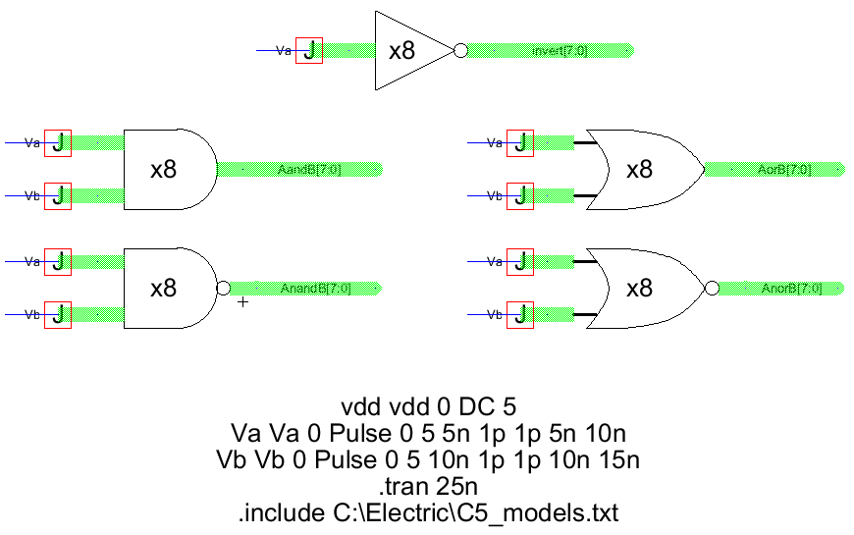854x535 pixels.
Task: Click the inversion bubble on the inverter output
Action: coord(459,51)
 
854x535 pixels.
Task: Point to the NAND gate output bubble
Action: coord(223,288)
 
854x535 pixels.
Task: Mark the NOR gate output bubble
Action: coord(711,288)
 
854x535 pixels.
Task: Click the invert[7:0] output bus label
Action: coord(559,51)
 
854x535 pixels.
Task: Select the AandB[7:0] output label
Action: coord(309,170)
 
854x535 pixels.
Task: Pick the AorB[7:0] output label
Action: coord(784,170)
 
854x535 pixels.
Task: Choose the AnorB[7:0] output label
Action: coord(791,289)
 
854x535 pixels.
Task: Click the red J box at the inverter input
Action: coord(309,51)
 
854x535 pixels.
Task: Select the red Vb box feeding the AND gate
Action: coord(58,195)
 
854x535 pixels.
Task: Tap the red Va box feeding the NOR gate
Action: coord(520,262)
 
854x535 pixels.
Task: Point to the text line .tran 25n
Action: coord(426,486)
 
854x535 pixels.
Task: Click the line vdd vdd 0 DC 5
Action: coord(427,406)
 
